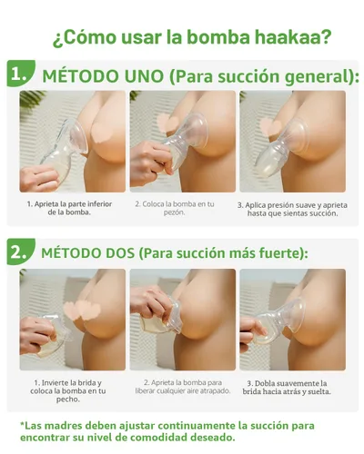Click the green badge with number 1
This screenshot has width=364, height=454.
[x=19, y=74]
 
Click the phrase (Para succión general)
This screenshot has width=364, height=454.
[x=258, y=75]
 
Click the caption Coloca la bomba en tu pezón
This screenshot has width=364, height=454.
[x=180, y=208]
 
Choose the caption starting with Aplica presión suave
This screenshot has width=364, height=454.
[x=291, y=208]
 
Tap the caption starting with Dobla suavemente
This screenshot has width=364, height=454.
[x=293, y=387]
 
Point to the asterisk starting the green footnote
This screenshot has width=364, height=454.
[x=23, y=423]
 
